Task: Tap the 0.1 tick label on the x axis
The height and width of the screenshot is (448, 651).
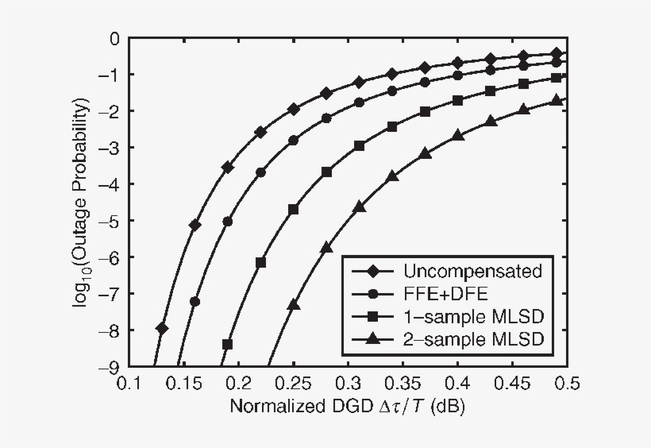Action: [128, 384]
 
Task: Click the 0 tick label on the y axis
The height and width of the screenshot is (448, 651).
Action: [115, 38]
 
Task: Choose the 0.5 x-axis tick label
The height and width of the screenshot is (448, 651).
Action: [567, 384]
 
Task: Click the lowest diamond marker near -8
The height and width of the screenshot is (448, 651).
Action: [162, 327]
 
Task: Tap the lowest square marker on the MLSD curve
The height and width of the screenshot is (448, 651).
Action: [227, 344]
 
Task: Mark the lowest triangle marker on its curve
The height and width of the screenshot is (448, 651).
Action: [293, 305]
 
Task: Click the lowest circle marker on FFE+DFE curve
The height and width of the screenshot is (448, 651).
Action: [195, 301]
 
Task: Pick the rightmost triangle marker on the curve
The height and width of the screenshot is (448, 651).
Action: [557, 100]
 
